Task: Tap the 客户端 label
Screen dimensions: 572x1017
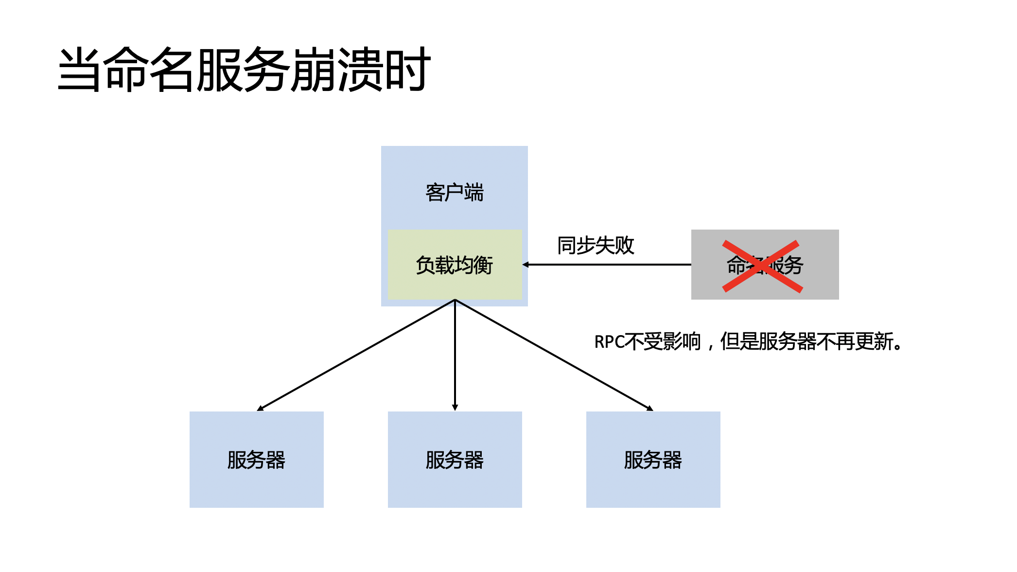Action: coord(455,193)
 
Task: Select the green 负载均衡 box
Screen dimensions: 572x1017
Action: coord(455,265)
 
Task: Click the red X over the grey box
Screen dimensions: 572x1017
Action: coord(762,266)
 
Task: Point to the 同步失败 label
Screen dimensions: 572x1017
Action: coord(596,245)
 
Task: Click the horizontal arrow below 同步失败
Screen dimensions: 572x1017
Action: coord(608,265)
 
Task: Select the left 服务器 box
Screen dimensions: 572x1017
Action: coord(257,460)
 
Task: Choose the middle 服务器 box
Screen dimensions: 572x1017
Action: coord(455,460)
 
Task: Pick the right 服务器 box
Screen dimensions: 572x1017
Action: coord(653,460)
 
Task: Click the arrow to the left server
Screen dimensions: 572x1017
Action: coord(355,356)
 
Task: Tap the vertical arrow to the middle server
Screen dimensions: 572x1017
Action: coord(455,355)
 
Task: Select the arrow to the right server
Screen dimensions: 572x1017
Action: coord(554,356)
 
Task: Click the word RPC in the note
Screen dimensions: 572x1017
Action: coord(609,342)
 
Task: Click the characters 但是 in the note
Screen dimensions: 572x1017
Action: coord(739,341)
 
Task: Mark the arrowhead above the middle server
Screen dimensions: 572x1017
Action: coord(455,408)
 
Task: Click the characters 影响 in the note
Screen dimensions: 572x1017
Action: coord(682,341)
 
